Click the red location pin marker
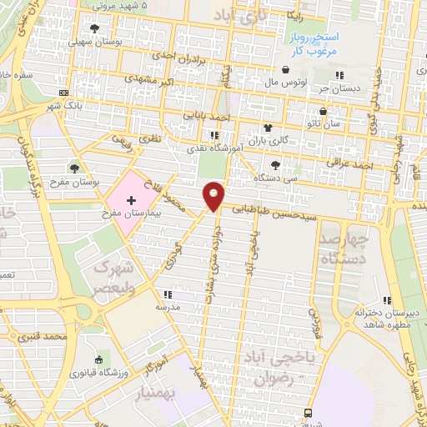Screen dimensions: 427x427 coord(214,195)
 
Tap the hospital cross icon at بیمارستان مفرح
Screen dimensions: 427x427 coord(132,200)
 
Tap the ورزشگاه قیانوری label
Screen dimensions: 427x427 coord(124,370)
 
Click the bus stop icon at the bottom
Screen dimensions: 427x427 coord(309,413)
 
